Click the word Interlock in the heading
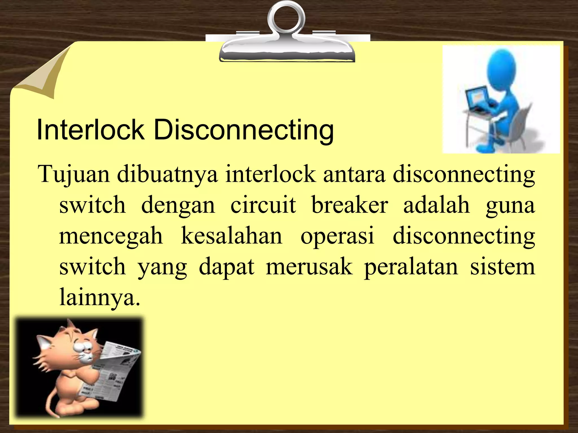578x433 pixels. point(90,130)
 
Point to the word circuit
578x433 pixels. point(263,205)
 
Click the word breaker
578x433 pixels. point(350,205)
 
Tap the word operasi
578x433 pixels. point(337,236)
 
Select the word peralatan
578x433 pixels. point(411,267)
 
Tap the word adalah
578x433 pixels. point(436,205)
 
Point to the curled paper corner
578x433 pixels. point(45,75)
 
